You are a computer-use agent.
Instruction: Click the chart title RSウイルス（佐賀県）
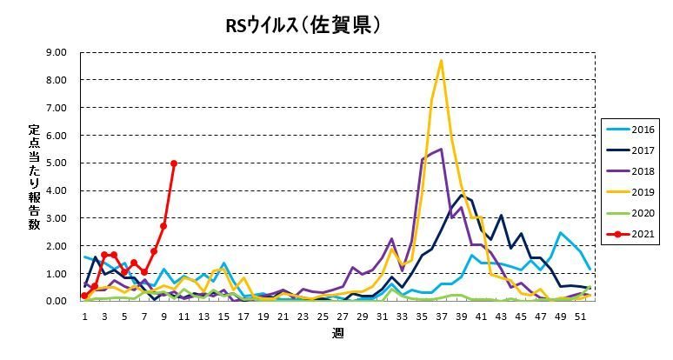[303, 26]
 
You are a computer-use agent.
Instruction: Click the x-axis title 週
[337, 333]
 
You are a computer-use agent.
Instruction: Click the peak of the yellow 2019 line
[442, 61]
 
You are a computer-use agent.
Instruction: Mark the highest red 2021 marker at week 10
[174, 163]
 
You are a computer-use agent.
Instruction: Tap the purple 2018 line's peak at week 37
[442, 149]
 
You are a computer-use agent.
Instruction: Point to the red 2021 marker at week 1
[84, 296]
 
